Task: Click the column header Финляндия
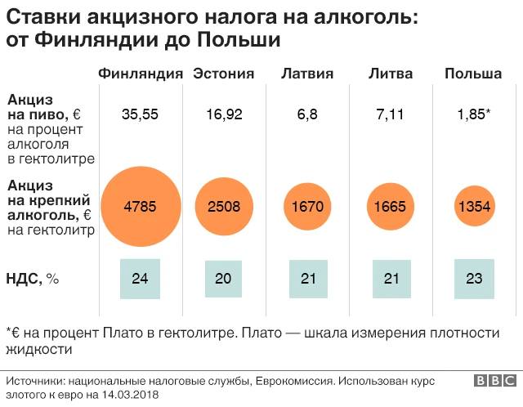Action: coord(140,74)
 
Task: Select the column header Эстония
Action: coord(223,74)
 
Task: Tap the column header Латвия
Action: coord(307,74)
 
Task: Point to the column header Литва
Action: coord(391,74)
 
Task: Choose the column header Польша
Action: coord(473,74)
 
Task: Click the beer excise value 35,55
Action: coord(140,114)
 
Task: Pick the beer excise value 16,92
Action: coord(224,114)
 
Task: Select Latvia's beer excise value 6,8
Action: coord(307,114)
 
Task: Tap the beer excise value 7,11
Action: coord(391,114)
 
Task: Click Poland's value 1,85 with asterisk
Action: coord(474,114)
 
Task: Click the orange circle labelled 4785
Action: coord(140,206)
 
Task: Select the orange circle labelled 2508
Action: coord(224,206)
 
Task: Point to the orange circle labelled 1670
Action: coord(307,206)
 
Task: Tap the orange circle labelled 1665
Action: coord(391,206)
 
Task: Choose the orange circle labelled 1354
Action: coord(474,206)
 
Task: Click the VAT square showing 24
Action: coord(140,279)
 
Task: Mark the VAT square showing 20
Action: coord(224,279)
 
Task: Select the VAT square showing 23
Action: coord(474,279)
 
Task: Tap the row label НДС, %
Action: coord(34,279)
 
